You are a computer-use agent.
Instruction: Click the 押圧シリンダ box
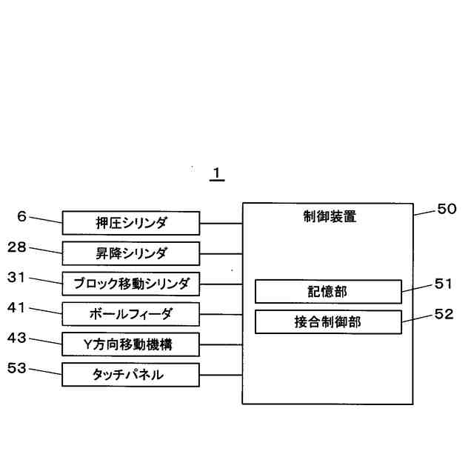[130, 223]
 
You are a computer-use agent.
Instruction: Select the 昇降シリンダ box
[130, 253]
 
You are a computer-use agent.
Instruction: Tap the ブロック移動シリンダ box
[130, 284]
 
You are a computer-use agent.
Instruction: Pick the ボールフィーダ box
[130, 314]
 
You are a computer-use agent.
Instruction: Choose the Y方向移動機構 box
[130, 344]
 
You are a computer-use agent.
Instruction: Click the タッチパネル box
[130, 375]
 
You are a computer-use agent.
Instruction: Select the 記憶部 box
[328, 291]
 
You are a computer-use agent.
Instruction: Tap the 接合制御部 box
[328, 322]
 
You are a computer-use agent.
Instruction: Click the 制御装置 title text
[328, 217]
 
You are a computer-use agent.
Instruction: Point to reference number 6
[22, 216]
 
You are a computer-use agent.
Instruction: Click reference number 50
[447, 209]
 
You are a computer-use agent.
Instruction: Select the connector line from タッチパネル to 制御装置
[221, 375]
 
